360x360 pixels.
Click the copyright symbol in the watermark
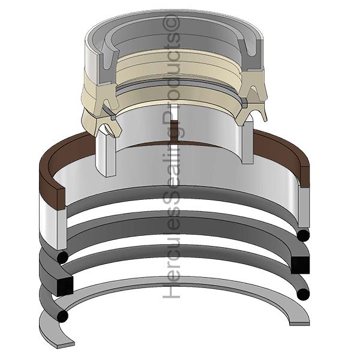click(170, 22)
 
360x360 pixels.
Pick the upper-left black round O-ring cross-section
click(62, 257)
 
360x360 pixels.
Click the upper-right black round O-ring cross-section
click(303, 235)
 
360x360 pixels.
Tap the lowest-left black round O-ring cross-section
click(62, 316)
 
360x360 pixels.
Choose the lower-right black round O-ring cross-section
click(303, 295)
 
